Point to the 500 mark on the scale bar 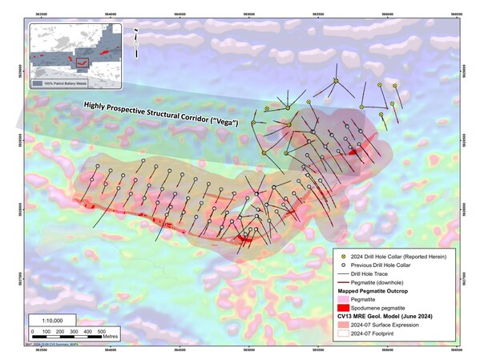(100, 330)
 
